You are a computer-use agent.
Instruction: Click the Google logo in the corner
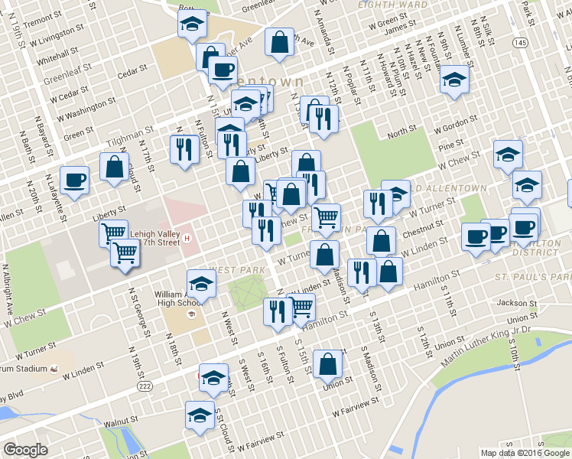tap(25, 449)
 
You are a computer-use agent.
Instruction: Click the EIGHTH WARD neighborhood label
tap(393, 5)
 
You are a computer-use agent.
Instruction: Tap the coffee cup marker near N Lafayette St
tap(73, 181)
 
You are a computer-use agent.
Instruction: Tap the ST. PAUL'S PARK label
tap(532, 275)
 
